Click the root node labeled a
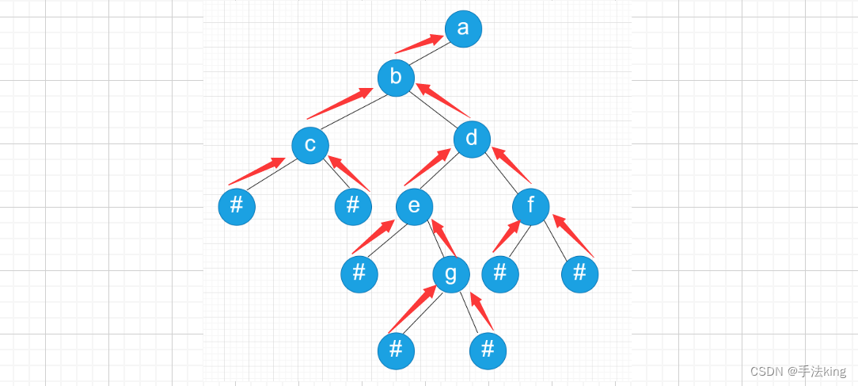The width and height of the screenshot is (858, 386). coord(463,29)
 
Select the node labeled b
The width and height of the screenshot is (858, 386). coord(397,78)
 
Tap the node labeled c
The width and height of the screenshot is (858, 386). coord(310,144)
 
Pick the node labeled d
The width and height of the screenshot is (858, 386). coord(473,139)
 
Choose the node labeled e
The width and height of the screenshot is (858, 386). coord(414,207)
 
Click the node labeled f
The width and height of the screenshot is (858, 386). coord(531,207)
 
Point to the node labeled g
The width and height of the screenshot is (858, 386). coord(451,274)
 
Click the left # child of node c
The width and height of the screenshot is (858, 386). coord(237,206)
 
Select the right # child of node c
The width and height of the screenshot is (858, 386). coord(353,206)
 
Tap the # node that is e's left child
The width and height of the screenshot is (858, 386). coord(359,274)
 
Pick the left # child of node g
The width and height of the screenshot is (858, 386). coord(396,350)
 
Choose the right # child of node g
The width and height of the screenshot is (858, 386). coord(488,350)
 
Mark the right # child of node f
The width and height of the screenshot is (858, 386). coord(579,274)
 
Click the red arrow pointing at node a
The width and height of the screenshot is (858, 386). coord(419,44)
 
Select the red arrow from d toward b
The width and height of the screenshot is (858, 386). coord(443,101)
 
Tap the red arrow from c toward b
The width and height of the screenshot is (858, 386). coord(340,104)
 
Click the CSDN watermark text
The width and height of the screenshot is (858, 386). coord(798,371)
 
